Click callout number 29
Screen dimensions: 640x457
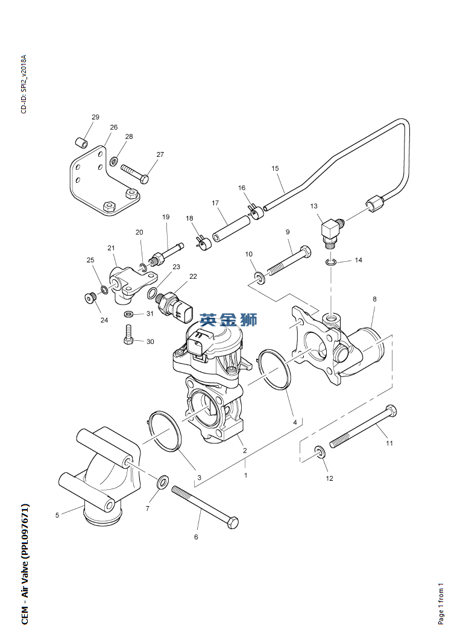tap(95, 117)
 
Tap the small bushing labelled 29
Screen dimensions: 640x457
tap(81, 143)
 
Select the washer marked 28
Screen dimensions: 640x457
tap(115, 161)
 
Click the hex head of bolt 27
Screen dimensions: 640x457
tap(144, 179)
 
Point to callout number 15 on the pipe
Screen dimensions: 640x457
tap(276, 168)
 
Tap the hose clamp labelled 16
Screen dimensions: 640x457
tap(256, 211)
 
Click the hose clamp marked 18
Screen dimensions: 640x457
tap(204, 242)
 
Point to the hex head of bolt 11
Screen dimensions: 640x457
tap(391, 411)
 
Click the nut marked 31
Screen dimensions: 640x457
tap(128, 314)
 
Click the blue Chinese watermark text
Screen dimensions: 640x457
tap(229, 319)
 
